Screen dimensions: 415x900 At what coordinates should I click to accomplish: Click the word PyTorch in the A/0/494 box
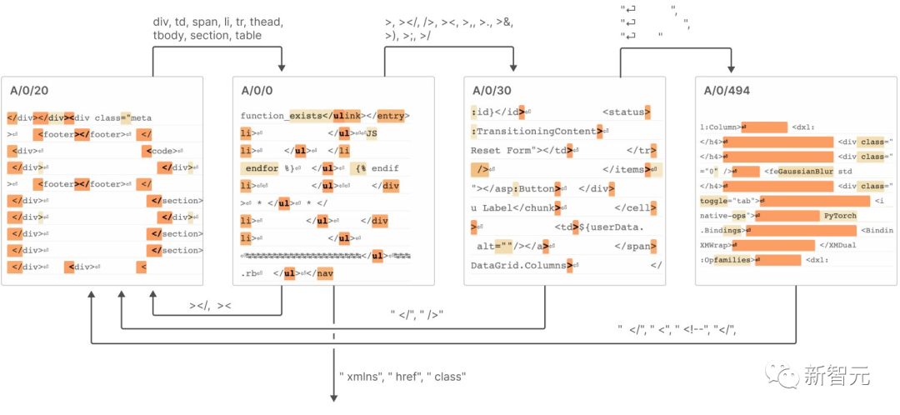(x=840, y=216)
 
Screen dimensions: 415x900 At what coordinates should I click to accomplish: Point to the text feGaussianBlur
(x=798, y=172)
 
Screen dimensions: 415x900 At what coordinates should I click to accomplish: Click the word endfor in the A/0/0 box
(x=264, y=167)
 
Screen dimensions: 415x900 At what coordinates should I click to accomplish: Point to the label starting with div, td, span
(x=218, y=29)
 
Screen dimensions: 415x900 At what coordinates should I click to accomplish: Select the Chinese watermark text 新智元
(x=837, y=376)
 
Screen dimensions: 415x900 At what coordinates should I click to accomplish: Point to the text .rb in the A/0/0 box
(x=249, y=272)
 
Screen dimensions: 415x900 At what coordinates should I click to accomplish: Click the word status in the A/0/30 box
(x=624, y=112)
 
